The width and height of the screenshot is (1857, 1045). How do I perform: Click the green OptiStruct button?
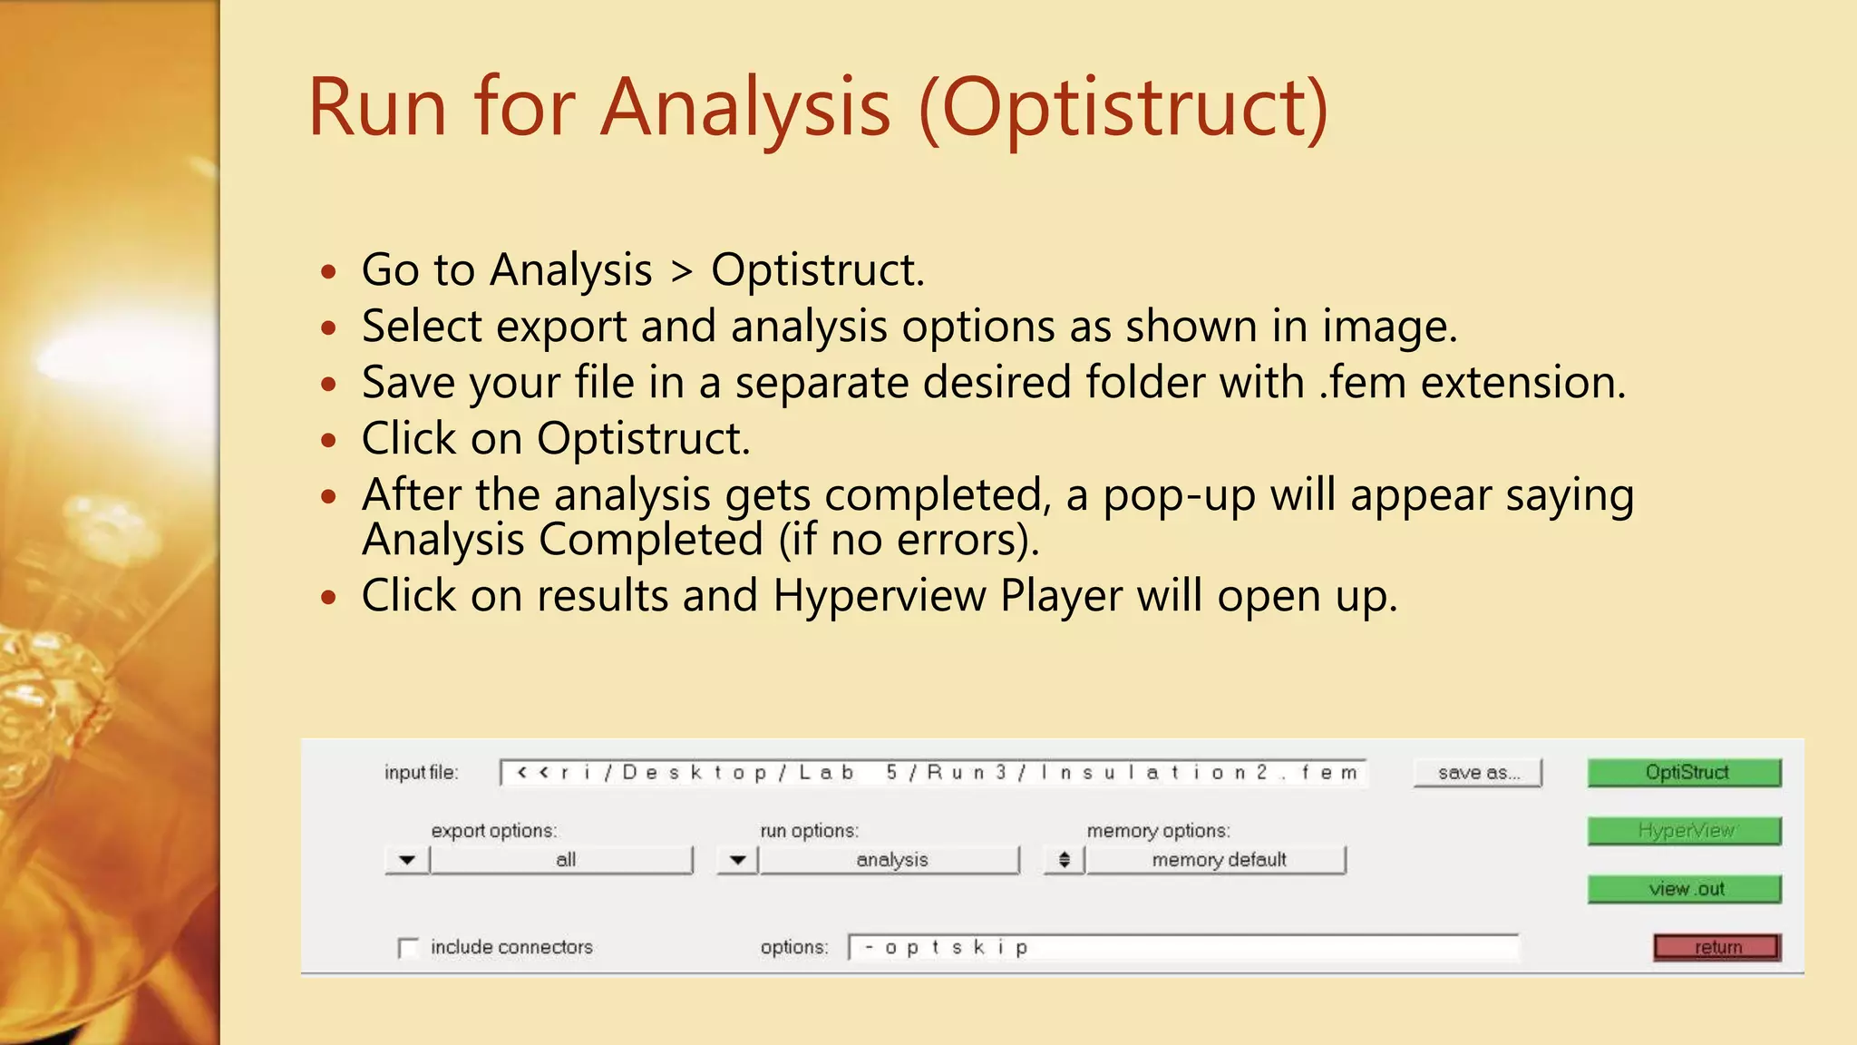coord(1684,773)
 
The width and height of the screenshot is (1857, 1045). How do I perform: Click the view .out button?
coord(1684,889)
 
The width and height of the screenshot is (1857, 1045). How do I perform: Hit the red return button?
coord(1716,947)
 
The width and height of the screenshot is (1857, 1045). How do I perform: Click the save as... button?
coord(1477,773)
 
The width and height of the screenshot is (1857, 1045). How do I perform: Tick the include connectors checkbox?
coord(408,948)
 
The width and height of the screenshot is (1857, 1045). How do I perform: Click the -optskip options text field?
coord(1182,947)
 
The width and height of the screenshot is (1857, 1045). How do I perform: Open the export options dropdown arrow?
coord(407,860)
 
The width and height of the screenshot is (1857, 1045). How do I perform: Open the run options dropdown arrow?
coord(738,860)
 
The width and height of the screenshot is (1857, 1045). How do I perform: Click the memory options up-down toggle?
coord(1065,860)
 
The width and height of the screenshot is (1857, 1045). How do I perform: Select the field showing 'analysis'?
coord(890,860)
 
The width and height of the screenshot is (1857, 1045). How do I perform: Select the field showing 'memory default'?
coord(1217,860)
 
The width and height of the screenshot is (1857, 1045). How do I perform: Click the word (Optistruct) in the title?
coord(1123,109)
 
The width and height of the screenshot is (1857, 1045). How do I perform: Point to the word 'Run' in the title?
coord(377,109)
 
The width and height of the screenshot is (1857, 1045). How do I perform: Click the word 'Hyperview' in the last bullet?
coord(879,597)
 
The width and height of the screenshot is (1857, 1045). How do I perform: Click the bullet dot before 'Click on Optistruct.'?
coord(328,441)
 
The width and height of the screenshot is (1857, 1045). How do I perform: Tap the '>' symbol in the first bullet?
coord(682,271)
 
